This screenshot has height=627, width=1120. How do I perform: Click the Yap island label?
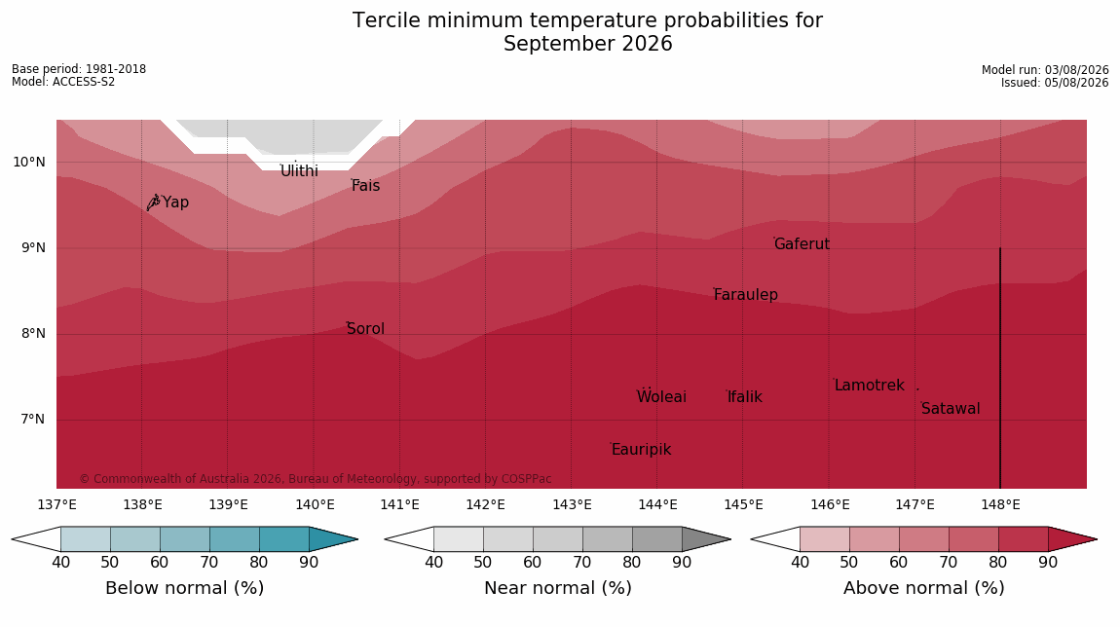[175, 203]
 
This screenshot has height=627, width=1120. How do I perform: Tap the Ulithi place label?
[299, 171]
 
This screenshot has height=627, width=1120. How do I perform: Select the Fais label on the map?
[366, 186]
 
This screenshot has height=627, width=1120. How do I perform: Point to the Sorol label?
[366, 328]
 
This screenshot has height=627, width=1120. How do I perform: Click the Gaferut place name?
[803, 244]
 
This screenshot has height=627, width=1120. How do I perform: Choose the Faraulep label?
[746, 294]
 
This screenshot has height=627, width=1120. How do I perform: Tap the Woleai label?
[661, 396]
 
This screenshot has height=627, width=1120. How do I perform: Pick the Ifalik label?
[745, 396]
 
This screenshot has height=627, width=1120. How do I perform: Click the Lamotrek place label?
[870, 385]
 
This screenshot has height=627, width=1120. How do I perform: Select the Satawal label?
[951, 409]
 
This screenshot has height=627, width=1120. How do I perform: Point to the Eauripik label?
[642, 449]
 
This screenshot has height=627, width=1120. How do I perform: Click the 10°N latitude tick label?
[28, 163]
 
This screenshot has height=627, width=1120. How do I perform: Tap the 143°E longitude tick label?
[572, 505]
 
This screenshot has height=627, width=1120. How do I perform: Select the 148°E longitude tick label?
[1000, 505]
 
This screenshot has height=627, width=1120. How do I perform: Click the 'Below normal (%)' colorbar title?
[184, 588]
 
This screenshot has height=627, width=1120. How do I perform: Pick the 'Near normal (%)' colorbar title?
[558, 588]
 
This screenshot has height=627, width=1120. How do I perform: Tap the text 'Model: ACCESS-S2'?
[63, 82]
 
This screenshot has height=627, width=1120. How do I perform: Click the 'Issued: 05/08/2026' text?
[1055, 83]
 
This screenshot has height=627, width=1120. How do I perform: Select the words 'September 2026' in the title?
[588, 44]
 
